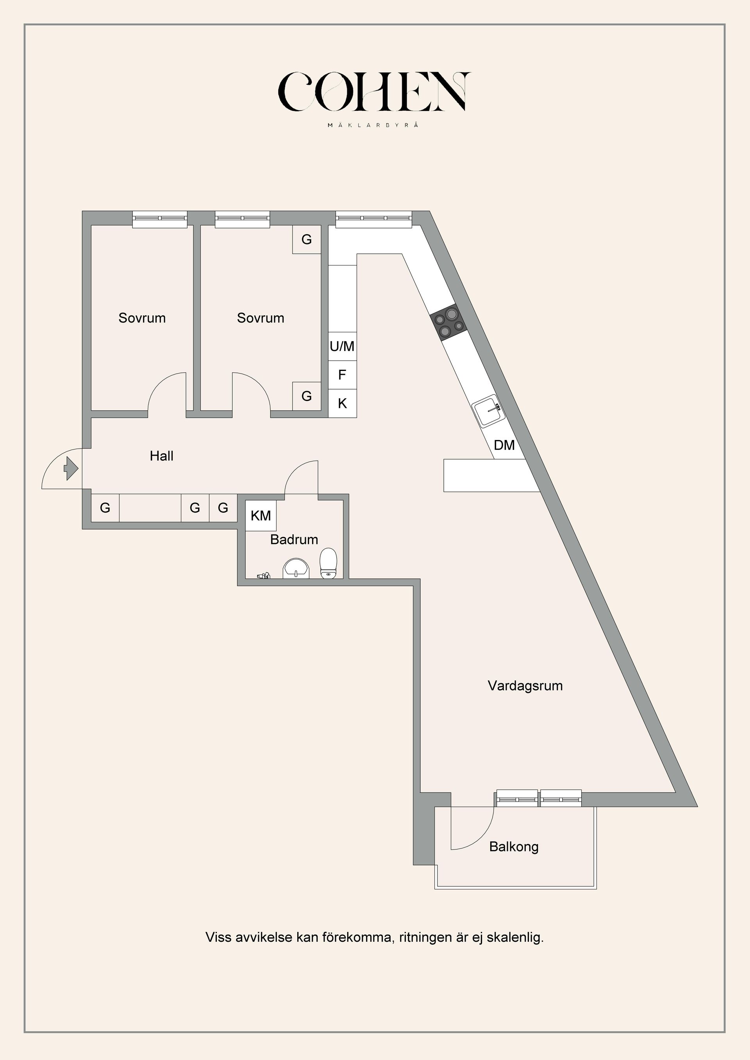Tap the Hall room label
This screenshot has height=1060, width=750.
(x=162, y=456)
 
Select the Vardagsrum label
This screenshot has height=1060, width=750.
(x=525, y=686)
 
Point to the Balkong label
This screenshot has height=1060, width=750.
(x=514, y=847)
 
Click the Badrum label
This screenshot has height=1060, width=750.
(x=294, y=539)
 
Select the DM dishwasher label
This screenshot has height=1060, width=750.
(x=504, y=445)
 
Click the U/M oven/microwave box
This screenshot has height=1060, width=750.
(x=342, y=346)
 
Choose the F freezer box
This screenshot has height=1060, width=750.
(x=342, y=375)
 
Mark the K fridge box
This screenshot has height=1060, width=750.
(x=342, y=403)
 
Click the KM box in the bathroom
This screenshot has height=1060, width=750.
(x=261, y=516)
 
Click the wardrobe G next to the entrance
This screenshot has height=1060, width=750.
(x=105, y=508)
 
